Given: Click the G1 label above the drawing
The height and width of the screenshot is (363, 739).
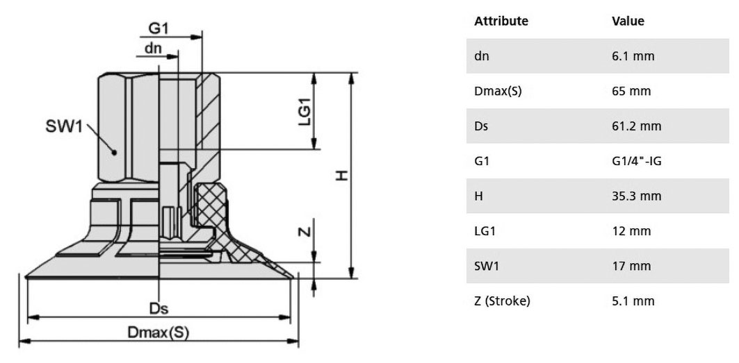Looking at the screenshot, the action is click(x=159, y=28).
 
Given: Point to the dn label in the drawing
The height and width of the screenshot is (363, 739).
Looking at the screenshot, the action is click(x=153, y=48).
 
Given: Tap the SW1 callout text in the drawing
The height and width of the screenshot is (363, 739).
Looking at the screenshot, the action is click(x=64, y=126).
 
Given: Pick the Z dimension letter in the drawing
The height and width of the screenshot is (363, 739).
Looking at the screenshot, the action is click(x=305, y=231).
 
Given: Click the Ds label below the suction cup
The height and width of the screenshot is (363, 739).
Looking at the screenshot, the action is click(x=159, y=308).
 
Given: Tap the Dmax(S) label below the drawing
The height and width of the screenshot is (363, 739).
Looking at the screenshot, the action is click(x=159, y=332).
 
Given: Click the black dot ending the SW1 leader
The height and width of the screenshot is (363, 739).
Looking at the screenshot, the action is click(x=113, y=151).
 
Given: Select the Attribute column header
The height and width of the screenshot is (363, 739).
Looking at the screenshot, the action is click(x=501, y=22).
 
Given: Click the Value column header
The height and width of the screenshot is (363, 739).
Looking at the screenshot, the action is click(x=628, y=22).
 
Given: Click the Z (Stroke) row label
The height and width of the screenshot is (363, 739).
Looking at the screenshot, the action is click(x=502, y=301).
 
